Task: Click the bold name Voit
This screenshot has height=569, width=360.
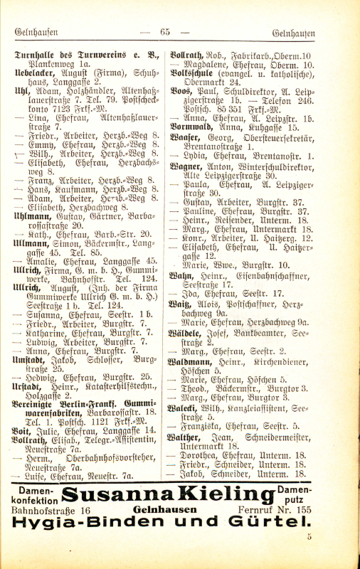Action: pos(23,430)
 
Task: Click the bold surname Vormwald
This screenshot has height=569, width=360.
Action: pos(191,128)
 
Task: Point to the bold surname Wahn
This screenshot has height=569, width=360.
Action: pos(183,275)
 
